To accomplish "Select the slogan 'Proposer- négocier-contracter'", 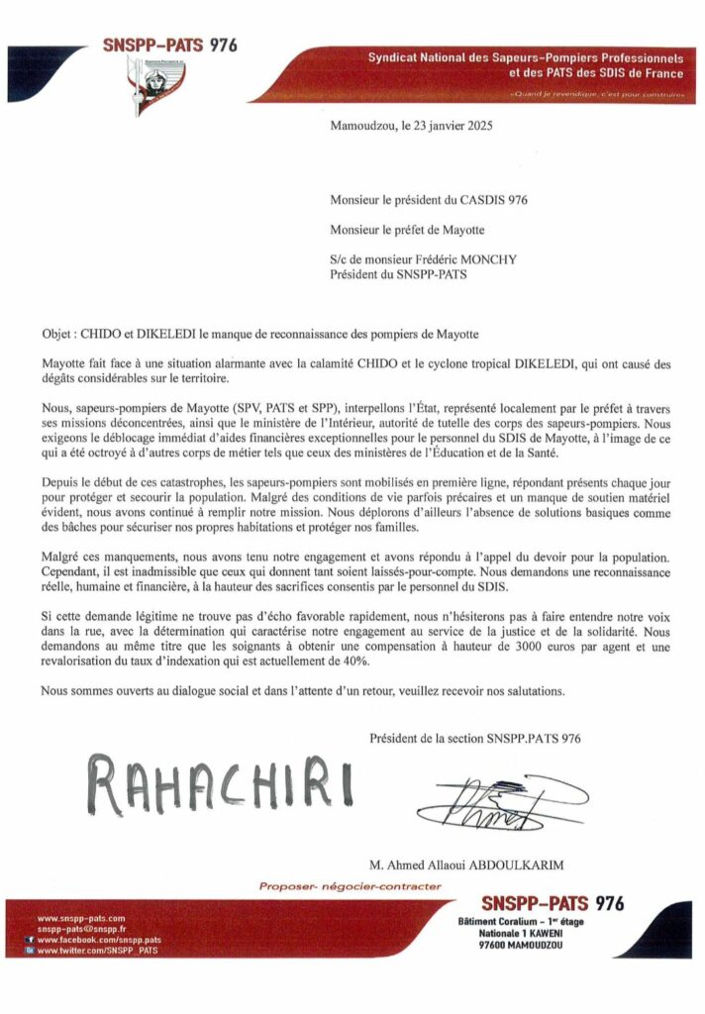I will click(x=350, y=886).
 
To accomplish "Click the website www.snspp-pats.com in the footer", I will click(x=81, y=919).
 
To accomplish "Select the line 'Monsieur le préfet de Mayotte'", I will click(x=408, y=231).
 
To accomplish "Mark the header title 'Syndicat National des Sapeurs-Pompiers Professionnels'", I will click(x=526, y=58).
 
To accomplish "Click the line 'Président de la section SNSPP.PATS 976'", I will click(x=474, y=738).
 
